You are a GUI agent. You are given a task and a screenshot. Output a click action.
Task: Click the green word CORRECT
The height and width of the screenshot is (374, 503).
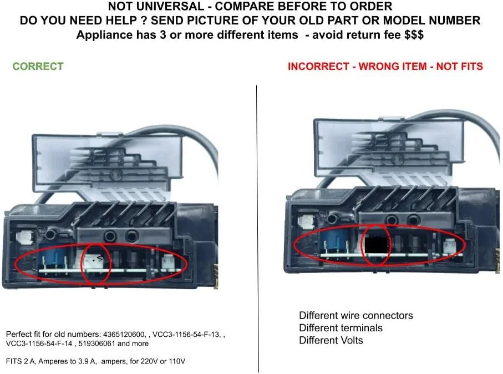38,66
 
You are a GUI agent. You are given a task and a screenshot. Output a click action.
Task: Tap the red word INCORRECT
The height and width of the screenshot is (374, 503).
318,66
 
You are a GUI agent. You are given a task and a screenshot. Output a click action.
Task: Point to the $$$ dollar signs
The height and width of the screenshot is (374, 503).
414,34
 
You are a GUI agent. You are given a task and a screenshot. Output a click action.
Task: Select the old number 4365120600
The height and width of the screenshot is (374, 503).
124,335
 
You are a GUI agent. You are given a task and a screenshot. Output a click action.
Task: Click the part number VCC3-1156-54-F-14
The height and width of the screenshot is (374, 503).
39,343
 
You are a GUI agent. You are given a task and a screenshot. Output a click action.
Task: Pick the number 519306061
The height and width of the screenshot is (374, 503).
96,343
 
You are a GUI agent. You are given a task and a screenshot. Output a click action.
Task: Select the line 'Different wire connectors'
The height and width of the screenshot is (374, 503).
355,316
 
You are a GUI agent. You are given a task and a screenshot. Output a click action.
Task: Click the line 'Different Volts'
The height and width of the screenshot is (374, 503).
331,340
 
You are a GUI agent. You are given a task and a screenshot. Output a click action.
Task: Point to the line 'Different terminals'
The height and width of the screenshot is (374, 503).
341,328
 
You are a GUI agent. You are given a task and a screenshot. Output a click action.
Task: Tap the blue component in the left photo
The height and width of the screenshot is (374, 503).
54,259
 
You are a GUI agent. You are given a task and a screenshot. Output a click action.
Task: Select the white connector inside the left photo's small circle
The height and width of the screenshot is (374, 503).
94,262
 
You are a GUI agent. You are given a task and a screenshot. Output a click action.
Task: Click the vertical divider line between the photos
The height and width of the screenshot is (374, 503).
257,229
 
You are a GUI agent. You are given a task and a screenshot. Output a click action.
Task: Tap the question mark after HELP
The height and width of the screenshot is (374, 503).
144,21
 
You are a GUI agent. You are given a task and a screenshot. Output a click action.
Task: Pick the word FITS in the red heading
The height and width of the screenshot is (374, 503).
471,66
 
